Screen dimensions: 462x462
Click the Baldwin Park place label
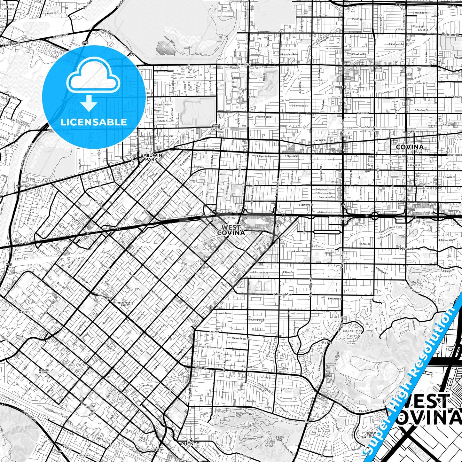[151, 157]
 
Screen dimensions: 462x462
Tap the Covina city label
[410, 147]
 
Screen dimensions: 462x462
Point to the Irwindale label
[244, 64]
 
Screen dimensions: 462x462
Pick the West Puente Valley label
[125, 304]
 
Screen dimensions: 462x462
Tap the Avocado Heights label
[43, 371]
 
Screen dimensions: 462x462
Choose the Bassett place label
[24, 312]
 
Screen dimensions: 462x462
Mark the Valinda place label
[214, 332]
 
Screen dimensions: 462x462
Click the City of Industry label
[158, 449]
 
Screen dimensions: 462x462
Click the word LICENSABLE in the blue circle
[94, 122]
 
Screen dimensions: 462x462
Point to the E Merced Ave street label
[283, 294]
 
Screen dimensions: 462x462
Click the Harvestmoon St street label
[240, 338]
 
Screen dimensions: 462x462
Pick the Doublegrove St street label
[257, 320]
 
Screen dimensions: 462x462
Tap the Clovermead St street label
[264, 117]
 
